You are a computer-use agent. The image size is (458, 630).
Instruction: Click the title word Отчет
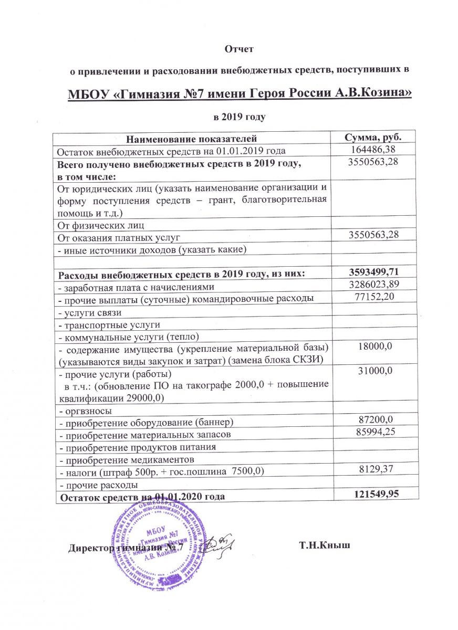pyautogui.click(x=239, y=49)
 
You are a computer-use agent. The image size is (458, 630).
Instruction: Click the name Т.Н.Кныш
pyautogui.click(x=324, y=547)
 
